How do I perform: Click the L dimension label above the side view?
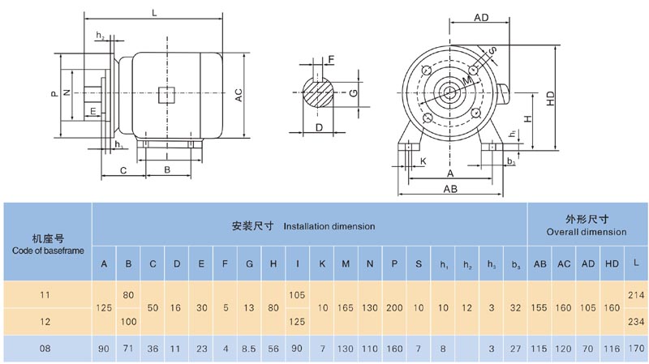tap(154, 13)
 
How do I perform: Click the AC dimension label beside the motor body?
tap(239, 95)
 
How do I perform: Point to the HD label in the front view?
tap(550, 98)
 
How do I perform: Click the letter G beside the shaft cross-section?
tap(354, 92)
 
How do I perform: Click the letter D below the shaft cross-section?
tap(319, 127)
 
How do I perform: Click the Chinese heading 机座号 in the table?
tap(47, 238)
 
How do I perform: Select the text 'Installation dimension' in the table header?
tap(329, 226)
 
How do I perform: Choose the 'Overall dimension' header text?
tap(587, 232)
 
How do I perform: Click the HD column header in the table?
tap(612, 264)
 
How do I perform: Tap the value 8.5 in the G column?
tap(250, 349)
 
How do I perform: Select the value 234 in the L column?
tap(636, 322)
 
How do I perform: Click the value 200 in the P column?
tap(395, 308)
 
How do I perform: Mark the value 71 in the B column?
tap(128, 349)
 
